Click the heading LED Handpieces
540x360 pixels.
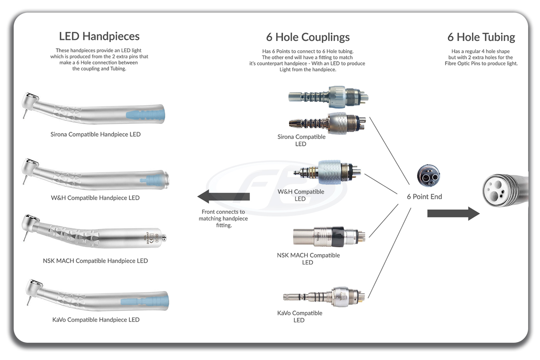pos(99,36)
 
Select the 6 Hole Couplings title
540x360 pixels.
pos(308,37)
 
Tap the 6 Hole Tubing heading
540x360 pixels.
pos(481,37)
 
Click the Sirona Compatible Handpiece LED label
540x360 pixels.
pos(95,134)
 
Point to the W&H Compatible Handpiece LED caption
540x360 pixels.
pos(95,198)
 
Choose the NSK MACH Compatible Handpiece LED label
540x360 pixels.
pos(95,261)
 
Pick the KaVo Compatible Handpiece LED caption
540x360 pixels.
pos(96,320)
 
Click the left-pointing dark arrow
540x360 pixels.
pos(223,197)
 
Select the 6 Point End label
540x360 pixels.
pos(424,197)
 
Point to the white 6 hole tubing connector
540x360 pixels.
pos(499,190)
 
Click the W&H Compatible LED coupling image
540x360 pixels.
pos(328,172)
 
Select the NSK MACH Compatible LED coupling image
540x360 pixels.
pos(329,237)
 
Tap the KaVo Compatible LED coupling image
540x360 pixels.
pos(324,297)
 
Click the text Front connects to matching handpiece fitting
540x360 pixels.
pos(223,219)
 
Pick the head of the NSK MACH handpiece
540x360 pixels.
pos(30,222)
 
